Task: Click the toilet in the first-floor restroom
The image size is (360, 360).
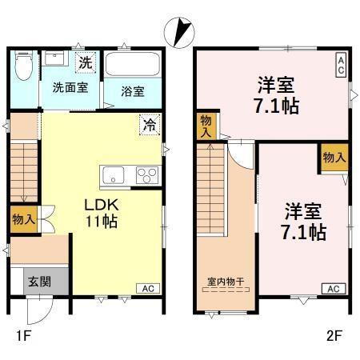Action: tap(25, 68)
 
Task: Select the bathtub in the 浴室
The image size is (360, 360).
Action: tap(134, 66)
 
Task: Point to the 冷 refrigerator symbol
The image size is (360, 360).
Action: tap(149, 124)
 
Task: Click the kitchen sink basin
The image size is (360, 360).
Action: tap(112, 175)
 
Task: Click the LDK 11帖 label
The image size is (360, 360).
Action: tap(102, 213)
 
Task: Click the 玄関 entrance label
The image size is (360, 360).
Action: tap(39, 281)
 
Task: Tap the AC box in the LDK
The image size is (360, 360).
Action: tap(148, 288)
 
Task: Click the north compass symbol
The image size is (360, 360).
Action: tap(178, 33)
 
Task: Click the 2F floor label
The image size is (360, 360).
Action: tap(334, 336)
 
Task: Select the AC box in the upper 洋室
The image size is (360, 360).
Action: tap(341, 64)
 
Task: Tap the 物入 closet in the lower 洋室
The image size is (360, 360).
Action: tap(334, 157)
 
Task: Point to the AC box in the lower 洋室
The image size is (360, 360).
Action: tap(334, 288)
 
